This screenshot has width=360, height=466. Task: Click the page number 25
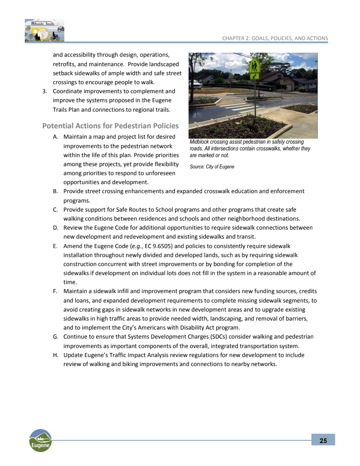pos(323,440)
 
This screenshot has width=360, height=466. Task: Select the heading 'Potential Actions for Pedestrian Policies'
pos(110,126)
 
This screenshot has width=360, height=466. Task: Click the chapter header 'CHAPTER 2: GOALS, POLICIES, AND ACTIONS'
pos(275,38)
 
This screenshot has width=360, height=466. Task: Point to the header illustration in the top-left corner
pos(44,30)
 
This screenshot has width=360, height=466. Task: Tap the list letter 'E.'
pos(55,246)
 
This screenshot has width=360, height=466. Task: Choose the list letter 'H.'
pos(55,355)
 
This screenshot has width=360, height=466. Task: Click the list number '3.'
pos(45,91)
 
